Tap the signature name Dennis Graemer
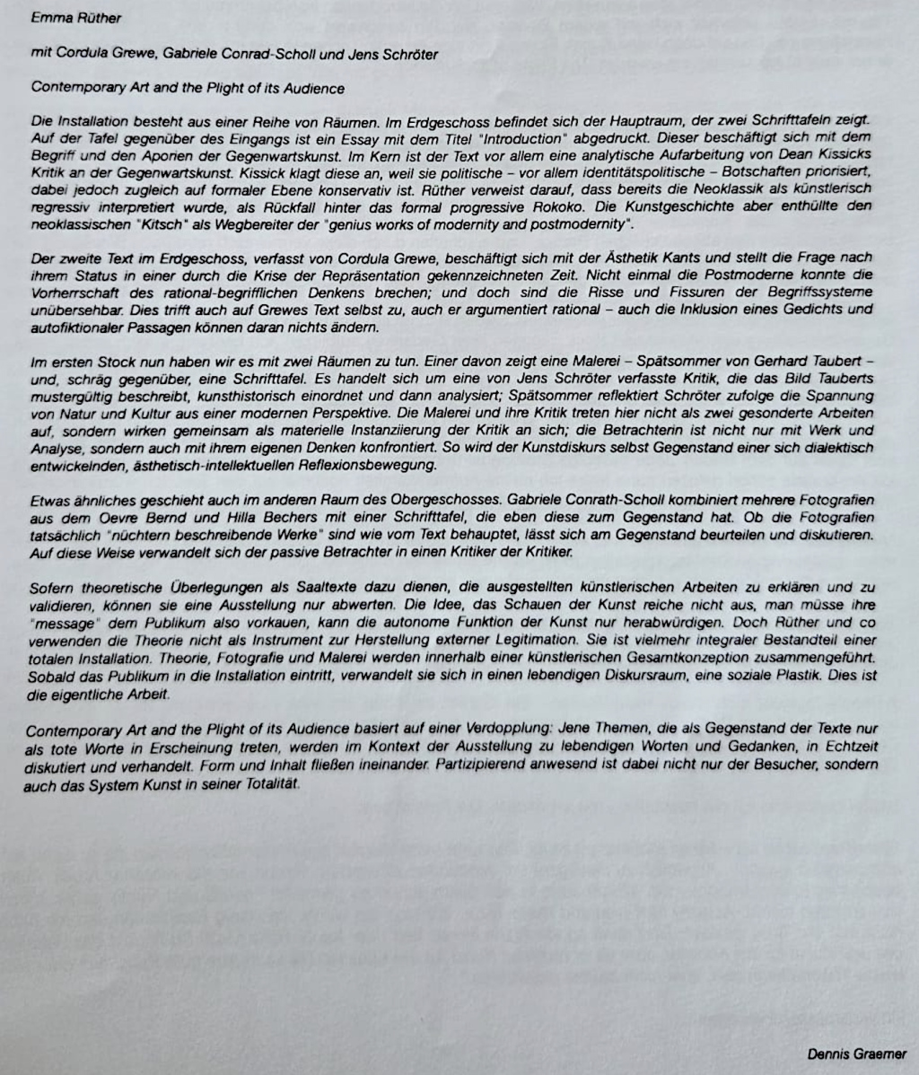[x=856, y=1054]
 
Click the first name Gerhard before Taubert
[x=749, y=362]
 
